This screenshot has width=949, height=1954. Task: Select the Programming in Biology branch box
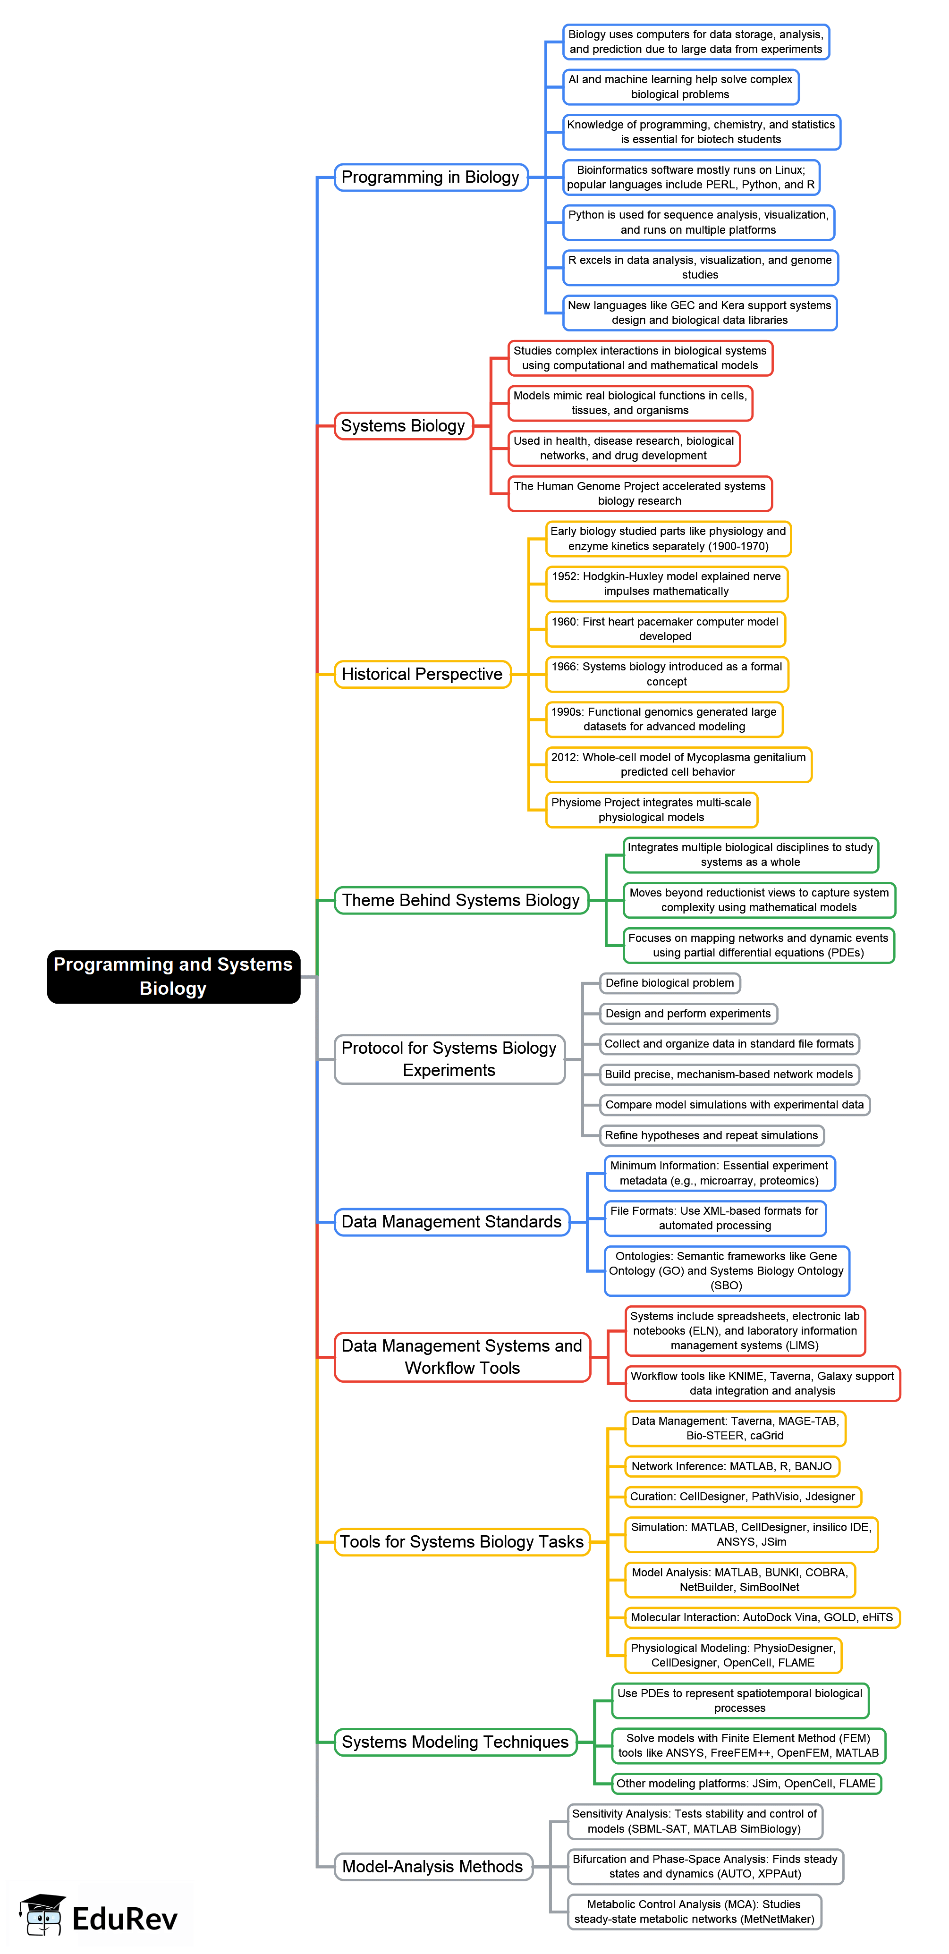click(x=430, y=178)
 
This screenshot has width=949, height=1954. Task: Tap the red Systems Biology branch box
click(x=403, y=426)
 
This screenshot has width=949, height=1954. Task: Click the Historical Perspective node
click(x=422, y=674)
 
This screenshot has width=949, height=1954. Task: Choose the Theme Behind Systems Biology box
click(x=460, y=900)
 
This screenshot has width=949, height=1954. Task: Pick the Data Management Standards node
click(x=451, y=1222)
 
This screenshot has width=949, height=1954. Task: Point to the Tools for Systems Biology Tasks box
click(x=461, y=1542)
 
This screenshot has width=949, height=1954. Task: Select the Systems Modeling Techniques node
click(x=455, y=1743)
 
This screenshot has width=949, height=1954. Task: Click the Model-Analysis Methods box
click(x=432, y=1867)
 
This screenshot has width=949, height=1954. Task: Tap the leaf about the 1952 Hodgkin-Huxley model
click(x=666, y=584)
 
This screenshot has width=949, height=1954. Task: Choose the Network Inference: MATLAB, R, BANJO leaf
click(x=731, y=1466)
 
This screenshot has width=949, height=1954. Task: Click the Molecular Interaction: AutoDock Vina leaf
click(x=762, y=1617)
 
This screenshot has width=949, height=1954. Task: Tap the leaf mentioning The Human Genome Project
click(x=639, y=494)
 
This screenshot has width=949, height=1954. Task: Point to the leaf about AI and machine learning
click(x=680, y=87)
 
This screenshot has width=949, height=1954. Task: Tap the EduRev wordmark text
click(x=125, y=1919)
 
